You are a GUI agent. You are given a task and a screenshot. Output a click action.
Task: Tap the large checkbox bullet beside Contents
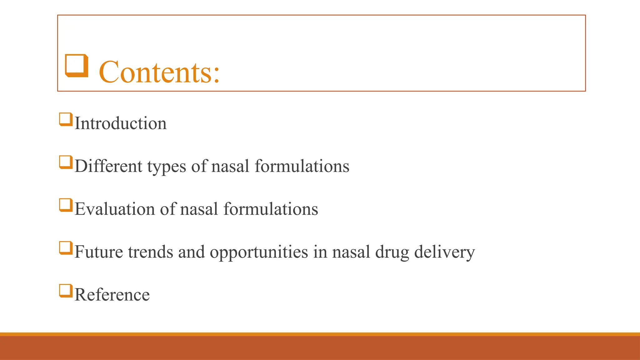click(76, 65)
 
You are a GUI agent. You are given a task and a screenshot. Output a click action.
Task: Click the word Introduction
click(120, 123)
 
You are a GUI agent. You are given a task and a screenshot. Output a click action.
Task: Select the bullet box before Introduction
click(66, 120)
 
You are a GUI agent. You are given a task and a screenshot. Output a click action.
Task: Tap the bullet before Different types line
click(66, 162)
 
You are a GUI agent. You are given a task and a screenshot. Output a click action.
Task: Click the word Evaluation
click(115, 209)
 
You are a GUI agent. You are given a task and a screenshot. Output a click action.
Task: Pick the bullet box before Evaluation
click(66, 205)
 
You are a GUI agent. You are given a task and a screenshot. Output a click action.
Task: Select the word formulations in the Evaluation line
click(271, 209)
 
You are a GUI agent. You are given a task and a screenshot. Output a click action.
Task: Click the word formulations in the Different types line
click(302, 166)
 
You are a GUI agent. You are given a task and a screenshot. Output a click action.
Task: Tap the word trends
click(150, 252)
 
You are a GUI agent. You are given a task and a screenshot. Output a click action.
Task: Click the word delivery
click(444, 252)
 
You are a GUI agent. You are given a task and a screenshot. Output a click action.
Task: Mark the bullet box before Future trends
click(66, 248)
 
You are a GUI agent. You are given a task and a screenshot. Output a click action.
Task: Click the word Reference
click(112, 295)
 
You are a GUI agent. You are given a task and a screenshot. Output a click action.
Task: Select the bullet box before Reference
click(66, 291)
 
